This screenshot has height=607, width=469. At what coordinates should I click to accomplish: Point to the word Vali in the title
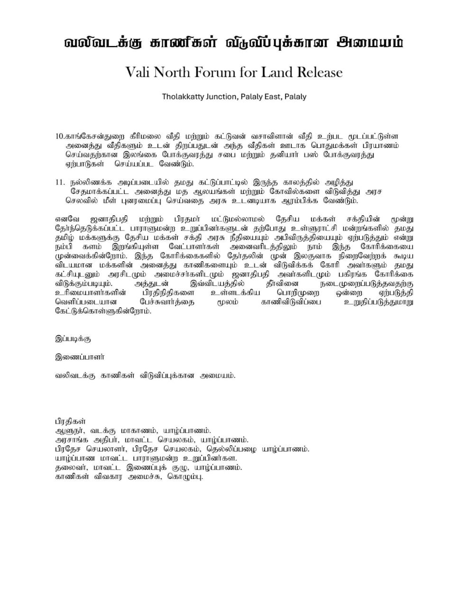pos(139,73)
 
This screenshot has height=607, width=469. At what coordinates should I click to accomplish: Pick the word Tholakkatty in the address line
pos(183,97)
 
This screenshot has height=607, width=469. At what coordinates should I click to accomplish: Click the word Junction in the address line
pos(221,97)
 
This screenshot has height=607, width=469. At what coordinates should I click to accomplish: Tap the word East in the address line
pos(272,97)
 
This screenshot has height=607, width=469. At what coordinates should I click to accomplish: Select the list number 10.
pos(60,136)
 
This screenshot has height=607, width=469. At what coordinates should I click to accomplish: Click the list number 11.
pos(60,183)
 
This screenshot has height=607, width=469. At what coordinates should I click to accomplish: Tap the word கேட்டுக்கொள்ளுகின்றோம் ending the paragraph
pos(103,311)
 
